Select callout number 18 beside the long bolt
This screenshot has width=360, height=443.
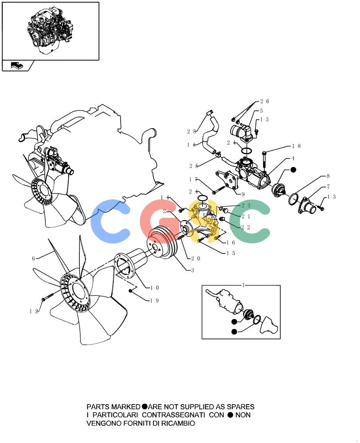296,146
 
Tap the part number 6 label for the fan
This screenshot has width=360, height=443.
33,259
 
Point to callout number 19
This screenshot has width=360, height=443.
154,301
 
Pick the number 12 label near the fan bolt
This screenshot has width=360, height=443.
34,311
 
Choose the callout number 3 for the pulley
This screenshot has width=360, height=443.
192,270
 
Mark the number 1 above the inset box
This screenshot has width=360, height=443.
243,285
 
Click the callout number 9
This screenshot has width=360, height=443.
243,194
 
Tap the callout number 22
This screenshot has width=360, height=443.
246,227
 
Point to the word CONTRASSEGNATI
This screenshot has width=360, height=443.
173,415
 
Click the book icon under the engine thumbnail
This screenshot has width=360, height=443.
17,66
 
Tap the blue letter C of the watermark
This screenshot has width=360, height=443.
110,221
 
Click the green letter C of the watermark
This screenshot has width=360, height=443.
250,221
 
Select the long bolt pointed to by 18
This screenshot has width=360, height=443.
264,160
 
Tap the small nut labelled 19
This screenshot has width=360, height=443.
130,291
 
